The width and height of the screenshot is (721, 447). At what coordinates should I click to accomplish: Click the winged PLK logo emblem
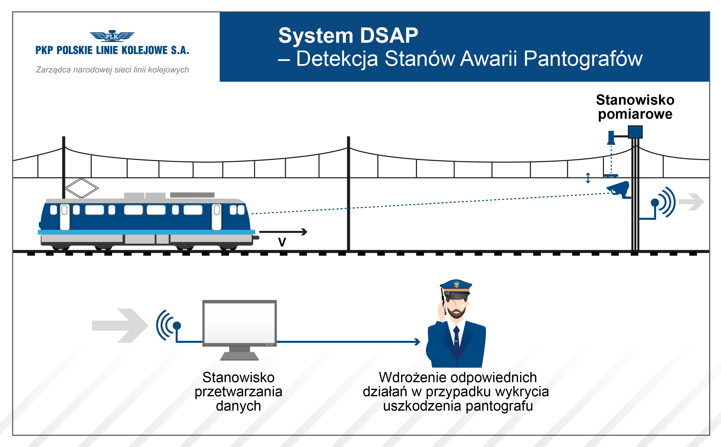pyautogui.click(x=112, y=36)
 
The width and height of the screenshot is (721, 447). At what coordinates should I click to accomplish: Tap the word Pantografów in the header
pyautogui.click(x=583, y=59)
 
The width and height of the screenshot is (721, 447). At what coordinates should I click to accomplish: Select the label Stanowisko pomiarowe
pyautogui.click(x=635, y=107)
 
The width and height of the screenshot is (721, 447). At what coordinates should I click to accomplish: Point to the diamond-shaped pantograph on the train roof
pyautogui.click(x=82, y=188)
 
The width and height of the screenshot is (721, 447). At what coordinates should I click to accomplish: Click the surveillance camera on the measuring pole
pyautogui.click(x=619, y=189)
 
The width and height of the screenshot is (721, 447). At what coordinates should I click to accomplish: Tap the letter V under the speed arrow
pyautogui.click(x=282, y=242)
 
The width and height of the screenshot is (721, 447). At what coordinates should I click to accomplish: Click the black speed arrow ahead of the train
pyautogui.click(x=283, y=232)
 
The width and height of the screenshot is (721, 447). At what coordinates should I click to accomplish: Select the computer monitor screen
pyautogui.click(x=239, y=323)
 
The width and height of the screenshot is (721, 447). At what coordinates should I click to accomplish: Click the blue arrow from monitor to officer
pyautogui.click(x=348, y=342)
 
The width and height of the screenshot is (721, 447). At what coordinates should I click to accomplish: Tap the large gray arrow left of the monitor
pyautogui.click(x=120, y=326)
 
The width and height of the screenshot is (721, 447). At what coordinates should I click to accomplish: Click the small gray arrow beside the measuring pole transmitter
pyautogui.click(x=691, y=202)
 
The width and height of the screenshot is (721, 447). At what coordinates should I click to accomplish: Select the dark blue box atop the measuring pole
pyautogui.click(x=635, y=132)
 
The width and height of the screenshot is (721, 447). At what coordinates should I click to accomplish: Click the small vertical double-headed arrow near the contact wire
pyautogui.click(x=588, y=178)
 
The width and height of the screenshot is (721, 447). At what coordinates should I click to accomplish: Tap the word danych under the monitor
pyautogui.click(x=238, y=406)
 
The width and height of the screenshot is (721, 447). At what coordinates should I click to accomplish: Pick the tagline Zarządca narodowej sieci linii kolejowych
pyautogui.click(x=112, y=70)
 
